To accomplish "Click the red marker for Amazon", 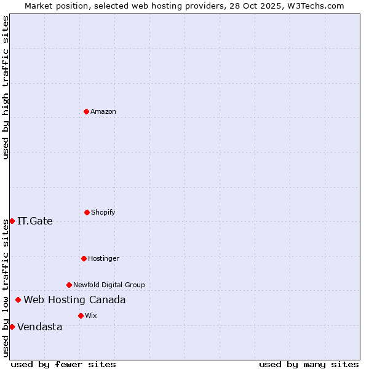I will coord(86,111).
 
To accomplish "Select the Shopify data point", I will coord(87,212).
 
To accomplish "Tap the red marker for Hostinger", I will coord(84,258).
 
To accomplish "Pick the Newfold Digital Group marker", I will coord(69,285).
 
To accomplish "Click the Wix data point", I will coord(81,315).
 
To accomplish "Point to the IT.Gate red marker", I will coord(12,221).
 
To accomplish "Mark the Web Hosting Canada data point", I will coord(18,300).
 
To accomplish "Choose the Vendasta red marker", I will coord(12,327).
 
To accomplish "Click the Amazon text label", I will coord(103,111).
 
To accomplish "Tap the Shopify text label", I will coord(103,212).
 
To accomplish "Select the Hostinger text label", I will coord(103,258).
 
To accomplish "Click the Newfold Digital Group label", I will coord(109,285).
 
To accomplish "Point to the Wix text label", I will coord(91,315).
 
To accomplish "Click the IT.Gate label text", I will coord(35,221).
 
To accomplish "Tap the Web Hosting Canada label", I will coord(74,300).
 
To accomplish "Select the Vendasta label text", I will coord(40,327).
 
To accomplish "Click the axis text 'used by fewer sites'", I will coord(63,364).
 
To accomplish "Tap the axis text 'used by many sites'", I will coord(309,364).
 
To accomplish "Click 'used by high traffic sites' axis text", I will coord(6,87).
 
